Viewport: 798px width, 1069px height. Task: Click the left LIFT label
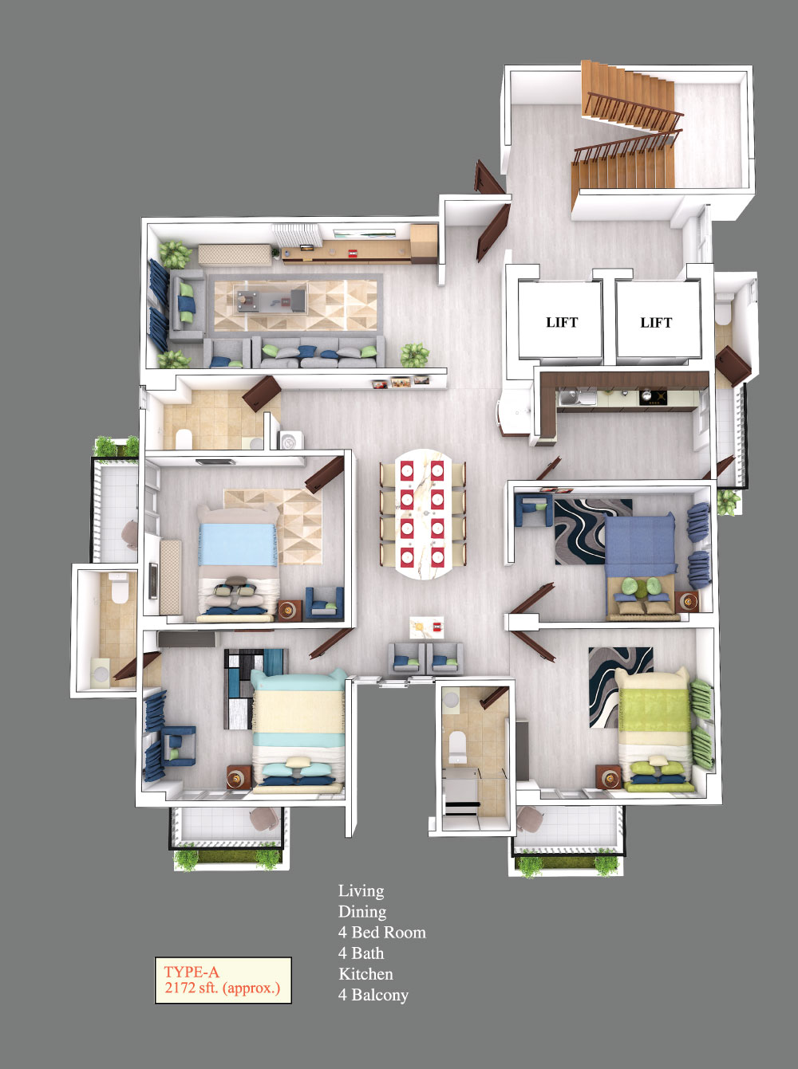[x=562, y=322]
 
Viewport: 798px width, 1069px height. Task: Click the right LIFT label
[x=656, y=322]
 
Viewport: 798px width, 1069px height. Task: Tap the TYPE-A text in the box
[x=192, y=972]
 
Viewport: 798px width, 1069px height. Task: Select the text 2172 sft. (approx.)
[x=223, y=988]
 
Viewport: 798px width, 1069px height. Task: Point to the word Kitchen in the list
[x=365, y=973]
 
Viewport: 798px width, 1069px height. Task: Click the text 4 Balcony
[x=373, y=995]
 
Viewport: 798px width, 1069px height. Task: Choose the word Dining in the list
[x=362, y=912]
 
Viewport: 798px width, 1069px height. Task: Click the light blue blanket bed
[x=238, y=564]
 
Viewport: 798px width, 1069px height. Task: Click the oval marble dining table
[x=423, y=514]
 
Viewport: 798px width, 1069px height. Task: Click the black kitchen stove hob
[x=654, y=398]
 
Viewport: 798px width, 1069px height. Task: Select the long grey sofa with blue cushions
[x=318, y=352]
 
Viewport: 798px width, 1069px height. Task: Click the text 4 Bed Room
[x=382, y=932]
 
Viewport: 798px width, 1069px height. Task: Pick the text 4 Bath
[x=361, y=953]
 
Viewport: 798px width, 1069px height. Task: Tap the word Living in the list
[x=361, y=891]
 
